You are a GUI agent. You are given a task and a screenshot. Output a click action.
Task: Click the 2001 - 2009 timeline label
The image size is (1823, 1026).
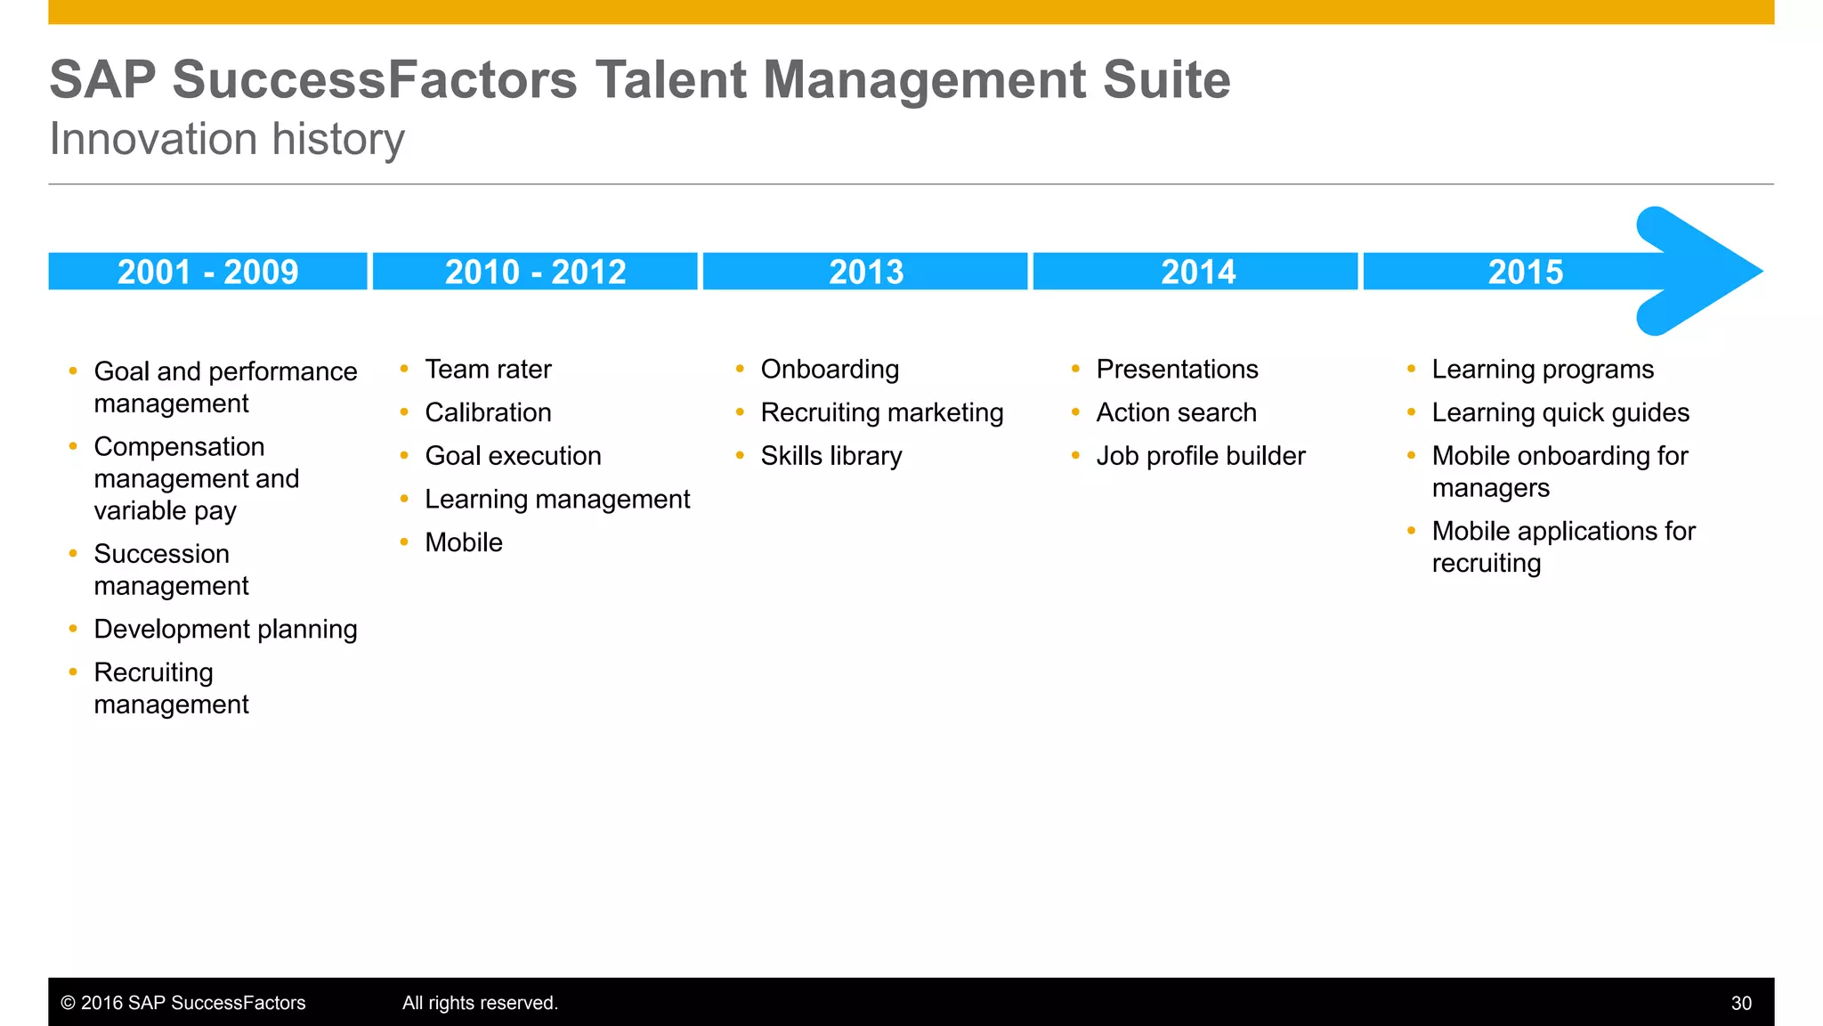207,272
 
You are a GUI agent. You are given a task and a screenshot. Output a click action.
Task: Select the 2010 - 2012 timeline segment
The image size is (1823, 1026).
535,272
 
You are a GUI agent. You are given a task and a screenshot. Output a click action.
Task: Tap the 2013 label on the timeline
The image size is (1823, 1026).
866,272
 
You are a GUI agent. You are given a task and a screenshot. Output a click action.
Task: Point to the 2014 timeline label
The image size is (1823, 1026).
1198,272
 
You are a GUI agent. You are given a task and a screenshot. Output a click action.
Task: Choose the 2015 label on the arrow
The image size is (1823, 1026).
1526,272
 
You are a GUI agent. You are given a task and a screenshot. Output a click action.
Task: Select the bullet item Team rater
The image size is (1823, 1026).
488,370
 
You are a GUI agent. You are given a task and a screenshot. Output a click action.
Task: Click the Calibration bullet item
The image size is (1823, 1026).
488,412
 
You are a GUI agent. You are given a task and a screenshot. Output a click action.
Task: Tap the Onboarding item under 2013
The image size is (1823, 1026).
830,370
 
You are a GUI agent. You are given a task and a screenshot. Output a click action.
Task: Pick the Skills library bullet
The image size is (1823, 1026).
831,456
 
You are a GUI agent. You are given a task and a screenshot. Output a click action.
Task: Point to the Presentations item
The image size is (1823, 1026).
1177,370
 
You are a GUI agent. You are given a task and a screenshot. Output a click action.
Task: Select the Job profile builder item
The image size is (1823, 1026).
1201,456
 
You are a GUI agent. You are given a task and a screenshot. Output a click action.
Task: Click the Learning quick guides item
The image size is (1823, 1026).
1560,412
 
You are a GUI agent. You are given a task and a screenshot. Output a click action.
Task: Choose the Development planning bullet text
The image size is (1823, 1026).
225,629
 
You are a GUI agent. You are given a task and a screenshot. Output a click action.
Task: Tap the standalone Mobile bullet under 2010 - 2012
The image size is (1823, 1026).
464,542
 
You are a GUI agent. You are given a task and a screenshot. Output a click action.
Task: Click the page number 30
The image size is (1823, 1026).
1741,1003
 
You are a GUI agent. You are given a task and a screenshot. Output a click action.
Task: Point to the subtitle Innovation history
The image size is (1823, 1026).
227,139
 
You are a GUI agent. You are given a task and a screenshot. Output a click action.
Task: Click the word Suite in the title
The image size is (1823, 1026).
1166,80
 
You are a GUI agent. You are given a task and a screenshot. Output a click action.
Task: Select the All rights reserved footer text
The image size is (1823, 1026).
480,1003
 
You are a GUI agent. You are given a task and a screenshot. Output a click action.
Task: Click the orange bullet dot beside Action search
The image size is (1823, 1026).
1075,411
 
